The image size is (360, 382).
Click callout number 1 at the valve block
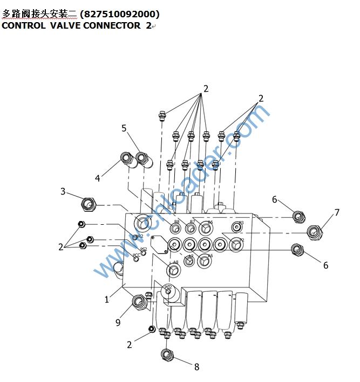click(x=107, y=299)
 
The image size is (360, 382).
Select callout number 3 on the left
click(x=63, y=191)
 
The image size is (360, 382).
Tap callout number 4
click(x=98, y=178)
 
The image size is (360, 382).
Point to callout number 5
click(x=124, y=128)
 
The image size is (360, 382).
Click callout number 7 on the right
click(x=337, y=212)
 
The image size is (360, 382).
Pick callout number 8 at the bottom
click(x=196, y=367)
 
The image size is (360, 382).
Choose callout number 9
click(x=118, y=323)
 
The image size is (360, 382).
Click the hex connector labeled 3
click(x=87, y=205)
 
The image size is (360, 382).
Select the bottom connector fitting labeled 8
click(x=167, y=355)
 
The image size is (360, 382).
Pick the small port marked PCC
click(x=136, y=259)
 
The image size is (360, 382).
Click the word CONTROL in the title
click(x=24, y=25)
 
